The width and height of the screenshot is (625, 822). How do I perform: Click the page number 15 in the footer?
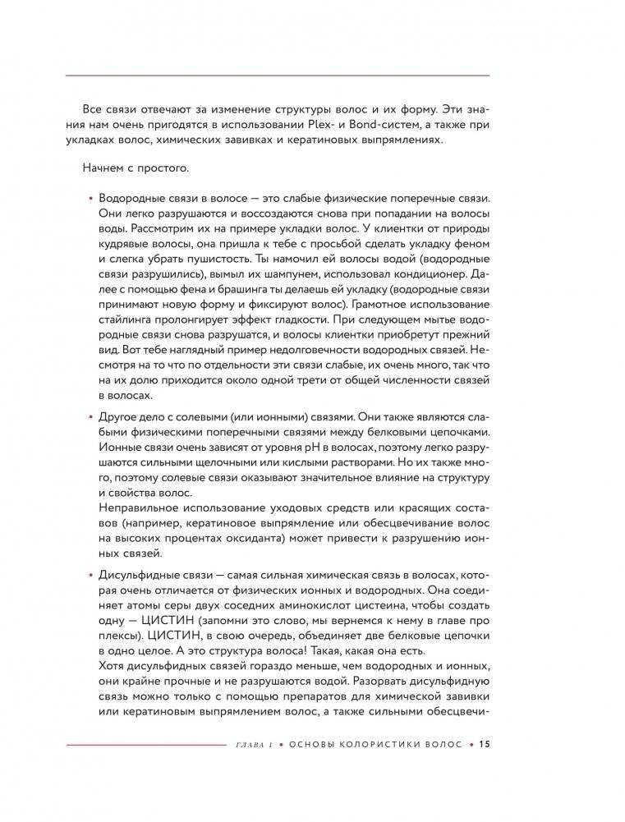tap(484, 745)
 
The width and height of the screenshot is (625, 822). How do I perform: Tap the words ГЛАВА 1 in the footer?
tap(251, 745)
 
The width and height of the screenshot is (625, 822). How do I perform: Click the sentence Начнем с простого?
tap(136, 170)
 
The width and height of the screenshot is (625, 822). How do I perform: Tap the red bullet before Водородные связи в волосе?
tap(90, 200)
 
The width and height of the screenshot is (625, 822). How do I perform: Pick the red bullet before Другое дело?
tap(90, 418)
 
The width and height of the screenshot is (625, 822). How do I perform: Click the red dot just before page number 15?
tap(471, 745)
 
